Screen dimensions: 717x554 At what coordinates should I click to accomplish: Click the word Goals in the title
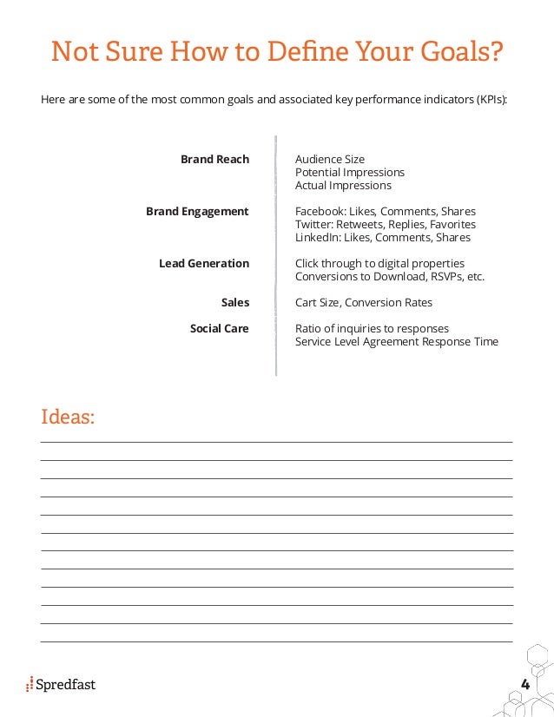click(461, 53)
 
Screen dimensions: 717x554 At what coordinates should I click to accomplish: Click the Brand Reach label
click(214, 160)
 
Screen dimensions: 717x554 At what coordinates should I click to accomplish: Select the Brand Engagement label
click(197, 212)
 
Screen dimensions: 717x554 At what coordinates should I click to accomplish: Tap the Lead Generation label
click(204, 264)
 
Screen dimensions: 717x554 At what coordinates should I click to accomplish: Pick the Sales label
click(235, 303)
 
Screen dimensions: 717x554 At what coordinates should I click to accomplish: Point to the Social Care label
click(220, 329)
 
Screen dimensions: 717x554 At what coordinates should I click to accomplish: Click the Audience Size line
click(330, 160)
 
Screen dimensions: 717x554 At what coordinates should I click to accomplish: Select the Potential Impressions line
click(350, 173)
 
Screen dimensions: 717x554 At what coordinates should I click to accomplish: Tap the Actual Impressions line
click(343, 186)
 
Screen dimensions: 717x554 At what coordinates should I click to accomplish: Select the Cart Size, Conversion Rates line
click(364, 303)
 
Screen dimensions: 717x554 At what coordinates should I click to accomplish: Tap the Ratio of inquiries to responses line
click(372, 329)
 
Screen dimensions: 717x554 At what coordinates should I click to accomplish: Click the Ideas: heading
click(68, 417)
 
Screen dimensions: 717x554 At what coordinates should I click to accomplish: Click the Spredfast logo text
click(66, 685)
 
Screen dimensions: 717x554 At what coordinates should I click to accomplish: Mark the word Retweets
click(360, 225)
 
